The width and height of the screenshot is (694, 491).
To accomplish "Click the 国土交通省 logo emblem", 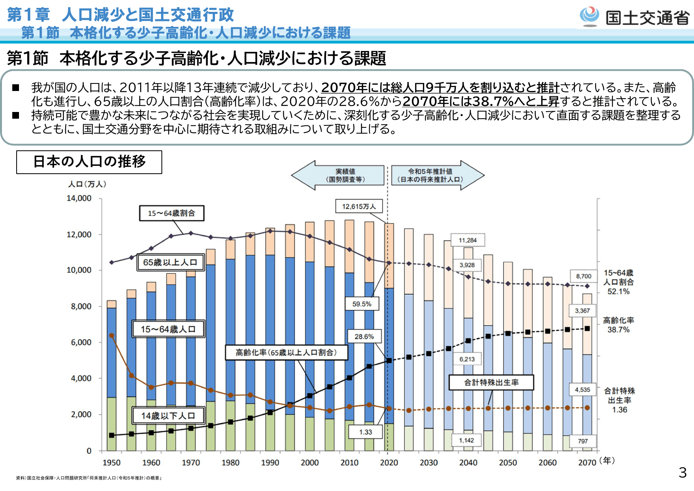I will click(x=590, y=16).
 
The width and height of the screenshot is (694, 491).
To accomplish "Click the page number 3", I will click(x=683, y=472).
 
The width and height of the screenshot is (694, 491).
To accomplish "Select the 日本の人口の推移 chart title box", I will click(x=89, y=162).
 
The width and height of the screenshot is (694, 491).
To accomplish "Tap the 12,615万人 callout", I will click(x=359, y=207).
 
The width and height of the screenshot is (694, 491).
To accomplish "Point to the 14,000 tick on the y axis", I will click(x=79, y=198).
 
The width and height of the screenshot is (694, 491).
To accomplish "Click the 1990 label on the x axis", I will click(x=270, y=463).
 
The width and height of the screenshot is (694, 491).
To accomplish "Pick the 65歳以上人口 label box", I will click(x=170, y=262).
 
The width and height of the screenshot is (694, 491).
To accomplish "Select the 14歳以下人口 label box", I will click(x=168, y=415).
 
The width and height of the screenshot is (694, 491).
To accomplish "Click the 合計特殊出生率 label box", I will click(x=491, y=382).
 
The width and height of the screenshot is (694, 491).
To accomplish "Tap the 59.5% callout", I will click(x=362, y=304).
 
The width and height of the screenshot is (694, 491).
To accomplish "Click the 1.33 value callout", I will click(x=366, y=432).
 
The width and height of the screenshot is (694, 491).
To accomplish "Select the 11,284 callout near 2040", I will click(x=468, y=240).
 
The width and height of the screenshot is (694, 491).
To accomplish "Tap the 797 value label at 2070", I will click(x=583, y=441).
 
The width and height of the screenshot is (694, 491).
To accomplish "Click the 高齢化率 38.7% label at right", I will click(x=618, y=325).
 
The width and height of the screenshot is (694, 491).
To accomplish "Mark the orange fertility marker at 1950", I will click(x=112, y=336).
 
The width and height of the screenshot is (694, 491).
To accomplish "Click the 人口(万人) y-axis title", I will click(x=87, y=184).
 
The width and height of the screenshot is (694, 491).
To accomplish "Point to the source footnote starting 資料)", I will click(x=89, y=478).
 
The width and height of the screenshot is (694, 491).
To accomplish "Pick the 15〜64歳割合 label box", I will click(x=171, y=213).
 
